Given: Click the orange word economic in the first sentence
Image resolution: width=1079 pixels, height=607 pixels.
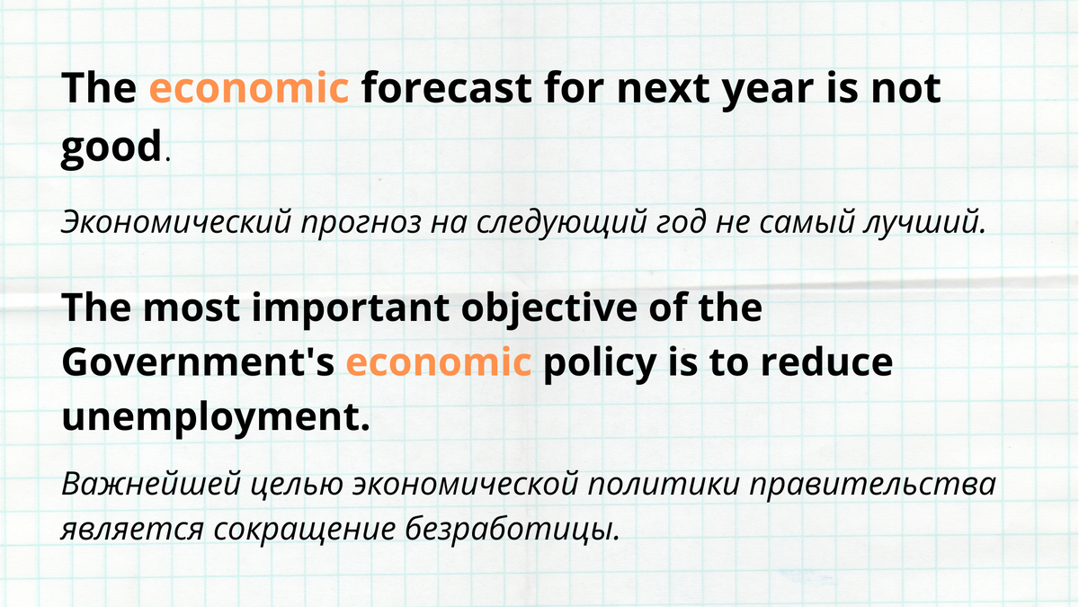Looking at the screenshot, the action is [x=249, y=88].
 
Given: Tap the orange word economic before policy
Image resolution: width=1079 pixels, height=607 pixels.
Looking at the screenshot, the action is [x=439, y=362].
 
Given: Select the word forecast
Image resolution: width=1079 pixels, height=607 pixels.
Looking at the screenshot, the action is [x=447, y=88].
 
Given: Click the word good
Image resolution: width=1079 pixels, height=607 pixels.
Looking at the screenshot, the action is [x=111, y=147].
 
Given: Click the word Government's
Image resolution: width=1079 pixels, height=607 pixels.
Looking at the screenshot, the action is [x=198, y=362].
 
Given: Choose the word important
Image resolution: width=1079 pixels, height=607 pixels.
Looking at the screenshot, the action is [x=351, y=310].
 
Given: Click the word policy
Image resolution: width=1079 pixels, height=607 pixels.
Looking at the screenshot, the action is [x=599, y=365].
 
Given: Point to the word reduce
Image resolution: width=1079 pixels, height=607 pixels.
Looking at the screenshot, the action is [x=826, y=362].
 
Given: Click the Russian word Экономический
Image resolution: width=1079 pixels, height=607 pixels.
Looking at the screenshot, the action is [x=176, y=221].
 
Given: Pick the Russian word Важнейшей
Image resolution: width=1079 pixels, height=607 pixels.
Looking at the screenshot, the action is [x=151, y=484].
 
